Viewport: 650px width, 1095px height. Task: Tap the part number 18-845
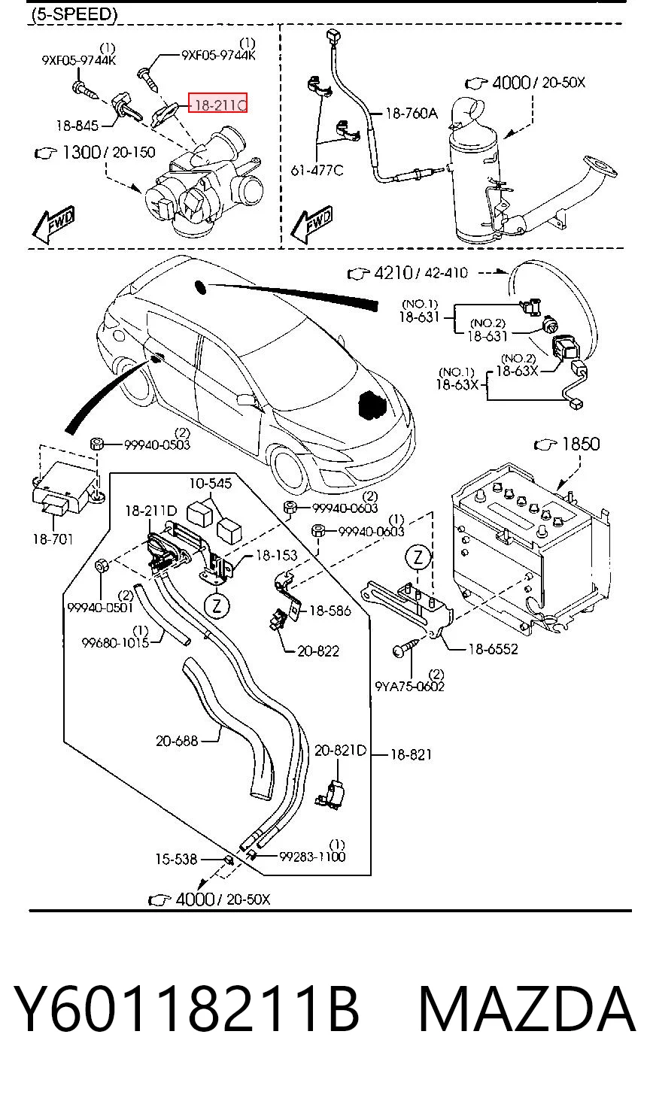point(77,126)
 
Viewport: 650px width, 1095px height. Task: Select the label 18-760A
point(412,114)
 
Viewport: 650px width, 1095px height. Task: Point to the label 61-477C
point(317,170)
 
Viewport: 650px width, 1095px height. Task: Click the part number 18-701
point(53,539)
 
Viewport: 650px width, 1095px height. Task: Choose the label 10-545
point(211,484)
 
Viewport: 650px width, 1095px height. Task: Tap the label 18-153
point(276,555)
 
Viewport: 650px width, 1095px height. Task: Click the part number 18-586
point(330,611)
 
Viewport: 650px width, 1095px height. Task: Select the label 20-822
point(318,651)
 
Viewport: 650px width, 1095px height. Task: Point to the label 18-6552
point(493,649)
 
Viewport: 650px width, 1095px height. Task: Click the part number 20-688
point(177,741)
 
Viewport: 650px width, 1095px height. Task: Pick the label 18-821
point(411,755)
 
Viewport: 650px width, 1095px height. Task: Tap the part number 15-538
point(176,859)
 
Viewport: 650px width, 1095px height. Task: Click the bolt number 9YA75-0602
point(409,687)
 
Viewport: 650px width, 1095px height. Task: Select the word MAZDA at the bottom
point(527,1009)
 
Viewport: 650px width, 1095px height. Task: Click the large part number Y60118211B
point(187,1009)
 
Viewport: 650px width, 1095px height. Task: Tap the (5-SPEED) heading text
point(74,15)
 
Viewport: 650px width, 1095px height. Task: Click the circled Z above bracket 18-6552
point(418,557)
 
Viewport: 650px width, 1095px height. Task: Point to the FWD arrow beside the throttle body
point(53,224)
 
